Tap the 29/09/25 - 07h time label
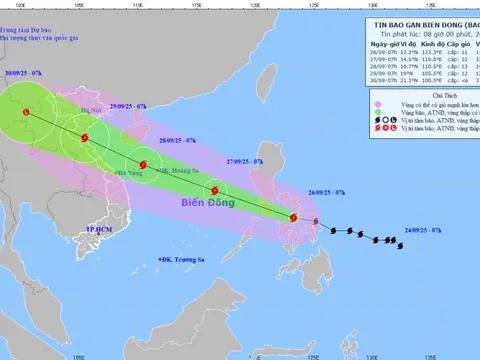[x=128, y=105]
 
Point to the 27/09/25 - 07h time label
[x=244, y=160]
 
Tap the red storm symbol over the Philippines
[x=293, y=217]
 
